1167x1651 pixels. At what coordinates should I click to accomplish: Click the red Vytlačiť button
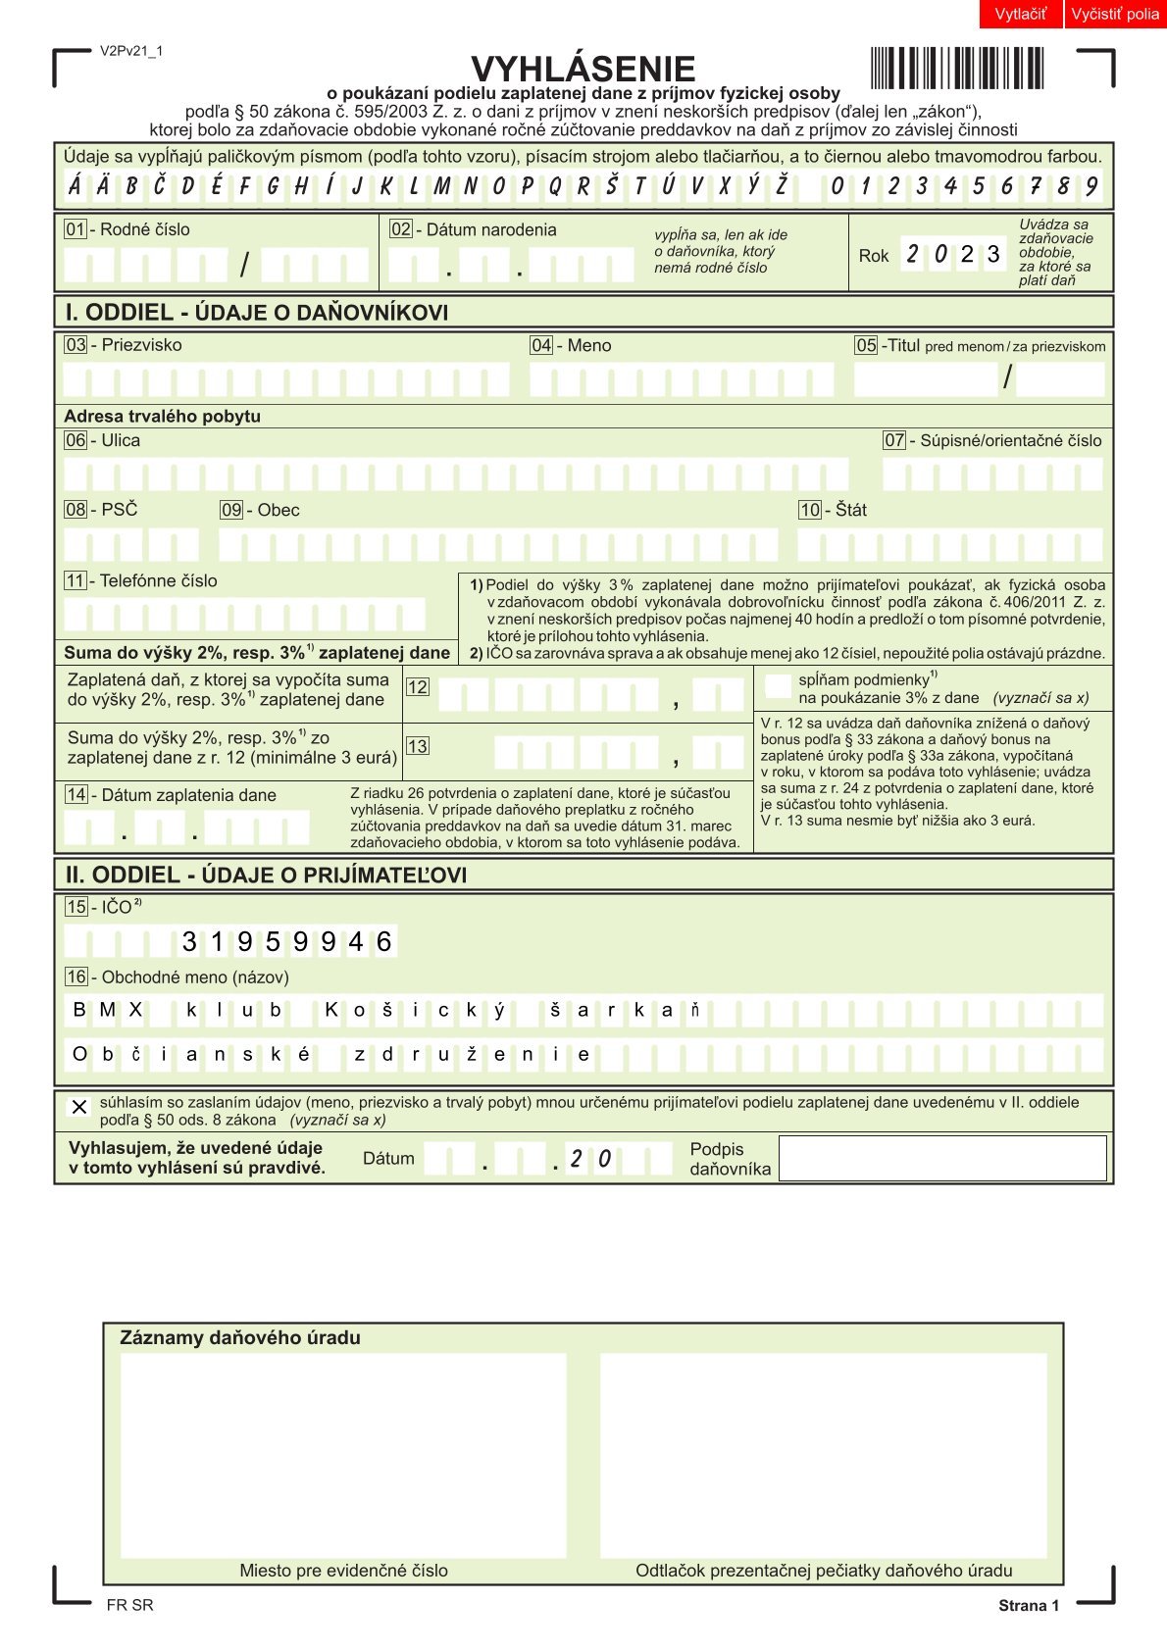coord(1020,14)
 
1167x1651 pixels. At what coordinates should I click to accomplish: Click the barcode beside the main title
coord(956,69)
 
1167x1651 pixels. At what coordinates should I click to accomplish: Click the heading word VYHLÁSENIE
coord(583,69)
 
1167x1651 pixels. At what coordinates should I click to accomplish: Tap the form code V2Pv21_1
coord(131,51)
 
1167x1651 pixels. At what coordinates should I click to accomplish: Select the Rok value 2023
coord(953,255)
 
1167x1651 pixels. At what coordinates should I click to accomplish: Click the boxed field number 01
coord(75,229)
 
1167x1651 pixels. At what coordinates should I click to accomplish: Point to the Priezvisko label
coord(141,345)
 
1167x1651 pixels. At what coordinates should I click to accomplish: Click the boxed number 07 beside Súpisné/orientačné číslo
coord(893,440)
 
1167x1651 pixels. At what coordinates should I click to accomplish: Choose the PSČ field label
coord(119,510)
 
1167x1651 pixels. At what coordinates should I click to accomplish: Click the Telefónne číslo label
coord(158,580)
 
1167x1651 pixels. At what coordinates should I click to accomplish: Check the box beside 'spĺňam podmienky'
coord(778,686)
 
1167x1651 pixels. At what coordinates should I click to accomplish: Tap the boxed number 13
coord(417,746)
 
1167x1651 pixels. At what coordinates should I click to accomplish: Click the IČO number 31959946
coord(286,942)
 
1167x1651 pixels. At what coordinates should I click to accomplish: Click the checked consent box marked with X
coord(79,1107)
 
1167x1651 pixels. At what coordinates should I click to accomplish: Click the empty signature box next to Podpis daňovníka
coord(941,1158)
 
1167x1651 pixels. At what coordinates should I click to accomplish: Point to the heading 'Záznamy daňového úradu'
coord(239,1337)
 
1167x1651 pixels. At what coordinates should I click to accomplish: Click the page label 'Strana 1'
coord(1028,1605)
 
